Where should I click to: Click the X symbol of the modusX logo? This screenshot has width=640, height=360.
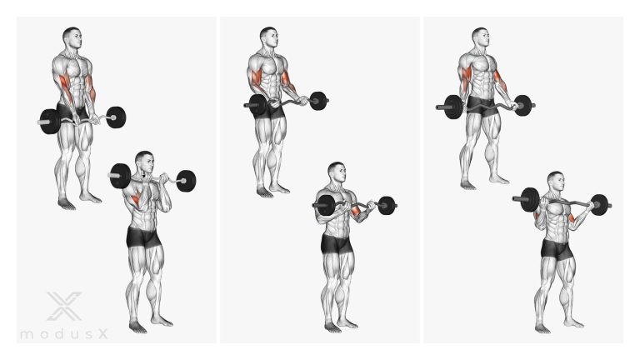[64, 306]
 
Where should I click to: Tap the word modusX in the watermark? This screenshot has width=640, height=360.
[64, 334]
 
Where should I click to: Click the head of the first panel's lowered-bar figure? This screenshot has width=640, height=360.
[72, 37]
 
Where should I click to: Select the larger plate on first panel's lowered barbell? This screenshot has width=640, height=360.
[50, 121]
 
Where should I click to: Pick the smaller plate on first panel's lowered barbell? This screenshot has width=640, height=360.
[116, 117]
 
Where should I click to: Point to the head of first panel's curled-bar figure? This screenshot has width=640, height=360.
[144, 162]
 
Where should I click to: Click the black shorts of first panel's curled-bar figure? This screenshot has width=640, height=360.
[143, 237]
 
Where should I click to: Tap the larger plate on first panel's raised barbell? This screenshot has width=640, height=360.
[120, 176]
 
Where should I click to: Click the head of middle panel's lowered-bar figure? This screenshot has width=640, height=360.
[269, 37]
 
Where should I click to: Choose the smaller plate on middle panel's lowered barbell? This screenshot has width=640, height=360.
[318, 101]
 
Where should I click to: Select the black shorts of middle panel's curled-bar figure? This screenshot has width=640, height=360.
[337, 243]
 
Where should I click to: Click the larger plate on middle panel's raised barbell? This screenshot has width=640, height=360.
[326, 205]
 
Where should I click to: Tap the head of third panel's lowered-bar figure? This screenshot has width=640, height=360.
[481, 37]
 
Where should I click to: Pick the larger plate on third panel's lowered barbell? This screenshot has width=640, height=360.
[453, 107]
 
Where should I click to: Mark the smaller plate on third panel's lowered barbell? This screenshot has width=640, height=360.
[522, 106]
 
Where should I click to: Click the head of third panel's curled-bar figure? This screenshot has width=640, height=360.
[556, 182]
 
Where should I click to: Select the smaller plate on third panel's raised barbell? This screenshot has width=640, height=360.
[599, 205]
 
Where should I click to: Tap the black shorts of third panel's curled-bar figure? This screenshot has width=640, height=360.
[557, 249]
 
